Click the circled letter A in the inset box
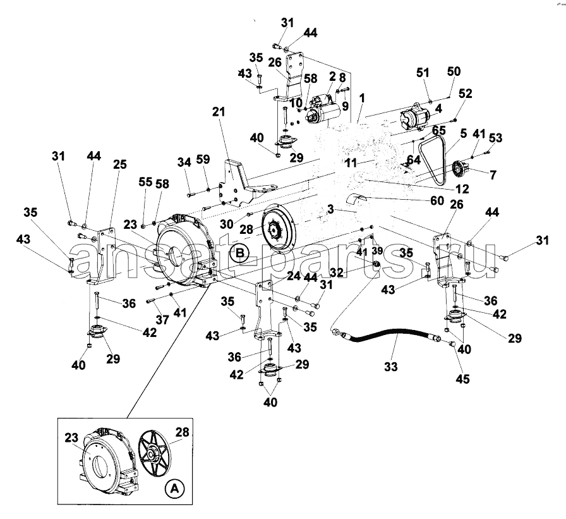[x=174, y=489]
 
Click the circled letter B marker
[x=240, y=252]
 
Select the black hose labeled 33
[x=386, y=336]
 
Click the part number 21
[x=219, y=112]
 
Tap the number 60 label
[x=437, y=200]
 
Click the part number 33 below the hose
[x=390, y=367]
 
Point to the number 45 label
[x=462, y=379]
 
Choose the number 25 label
[x=120, y=164]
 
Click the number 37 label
[x=162, y=319]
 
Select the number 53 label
[x=496, y=138]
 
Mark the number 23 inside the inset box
[x=71, y=437]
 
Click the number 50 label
[x=454, y=71]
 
